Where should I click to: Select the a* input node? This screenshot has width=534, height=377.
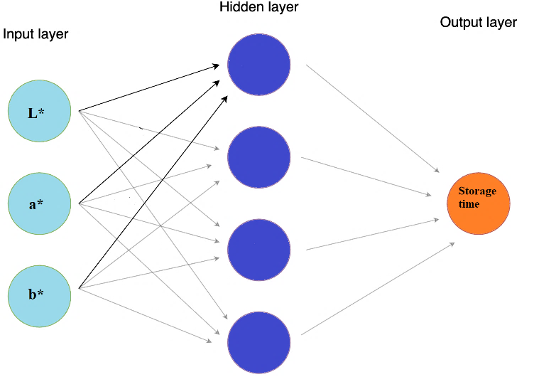click(39, 204)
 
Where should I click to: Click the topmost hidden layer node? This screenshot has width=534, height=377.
click(259, 64)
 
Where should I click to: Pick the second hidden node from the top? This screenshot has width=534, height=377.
click(259, 156)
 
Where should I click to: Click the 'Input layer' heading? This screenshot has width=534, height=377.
click(36, 34)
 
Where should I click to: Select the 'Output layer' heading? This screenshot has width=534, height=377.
click(478, 23)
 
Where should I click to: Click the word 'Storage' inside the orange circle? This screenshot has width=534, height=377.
click(477, 191)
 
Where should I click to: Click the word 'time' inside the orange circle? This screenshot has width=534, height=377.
click(469, 204)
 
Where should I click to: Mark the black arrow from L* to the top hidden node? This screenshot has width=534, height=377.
click(149, 88)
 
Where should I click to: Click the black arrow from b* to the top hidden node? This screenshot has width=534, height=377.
click(153, 192)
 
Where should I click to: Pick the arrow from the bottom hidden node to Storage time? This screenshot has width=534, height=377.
click(378, 289)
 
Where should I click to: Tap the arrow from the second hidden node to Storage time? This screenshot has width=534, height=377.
click(366, 176)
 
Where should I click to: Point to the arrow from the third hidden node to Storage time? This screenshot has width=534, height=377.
click(373, 235)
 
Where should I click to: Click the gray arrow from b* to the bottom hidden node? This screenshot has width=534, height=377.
click(146, 315)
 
